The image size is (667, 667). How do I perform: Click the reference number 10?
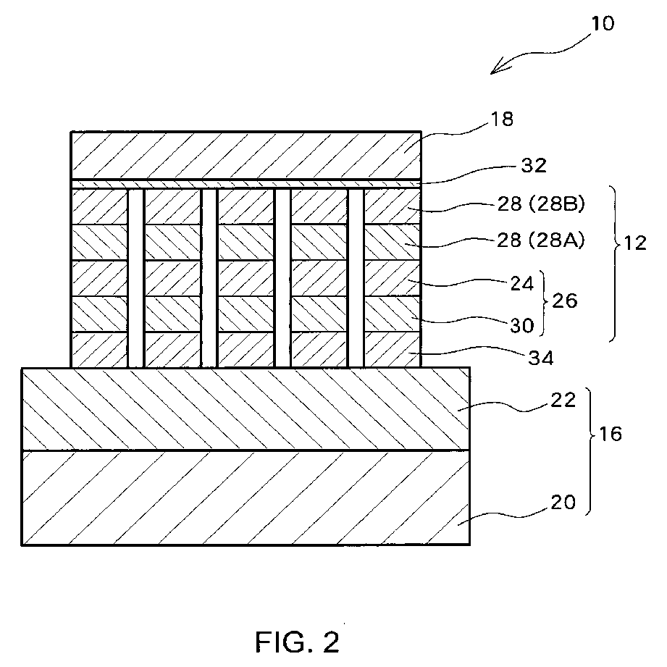(603, 23)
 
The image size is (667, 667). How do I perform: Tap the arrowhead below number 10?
(498, 68)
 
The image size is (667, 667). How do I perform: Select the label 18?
(502, 119)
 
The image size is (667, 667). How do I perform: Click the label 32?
(534, 165)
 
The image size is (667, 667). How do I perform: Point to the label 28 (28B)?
(541, 205)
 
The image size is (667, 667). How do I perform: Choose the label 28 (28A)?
(541, 240)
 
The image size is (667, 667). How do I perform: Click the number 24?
(522, 283)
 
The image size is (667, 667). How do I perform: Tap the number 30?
(522, 326)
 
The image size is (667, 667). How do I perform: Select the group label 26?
(564, 301)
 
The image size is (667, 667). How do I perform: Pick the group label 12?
(635, 243)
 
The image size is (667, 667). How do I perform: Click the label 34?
(541, 358)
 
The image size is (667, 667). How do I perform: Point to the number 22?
(563, 400)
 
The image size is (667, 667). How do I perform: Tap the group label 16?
(611, 434)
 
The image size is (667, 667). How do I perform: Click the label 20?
(563, 503)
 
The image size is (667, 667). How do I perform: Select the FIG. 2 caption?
(298, 642)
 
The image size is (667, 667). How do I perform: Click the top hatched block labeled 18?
(246, 155)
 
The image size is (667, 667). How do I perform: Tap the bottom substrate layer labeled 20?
(246, 498)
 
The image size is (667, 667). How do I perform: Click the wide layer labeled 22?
(246, 408)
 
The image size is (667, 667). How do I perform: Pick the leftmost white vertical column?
(136, 278)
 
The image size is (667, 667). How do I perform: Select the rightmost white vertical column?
(356, 278)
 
